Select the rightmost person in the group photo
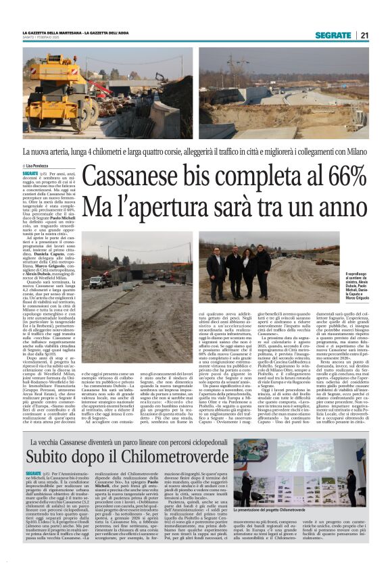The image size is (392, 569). (x=263, y=266)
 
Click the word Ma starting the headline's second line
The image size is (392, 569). (x=99, y=206)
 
